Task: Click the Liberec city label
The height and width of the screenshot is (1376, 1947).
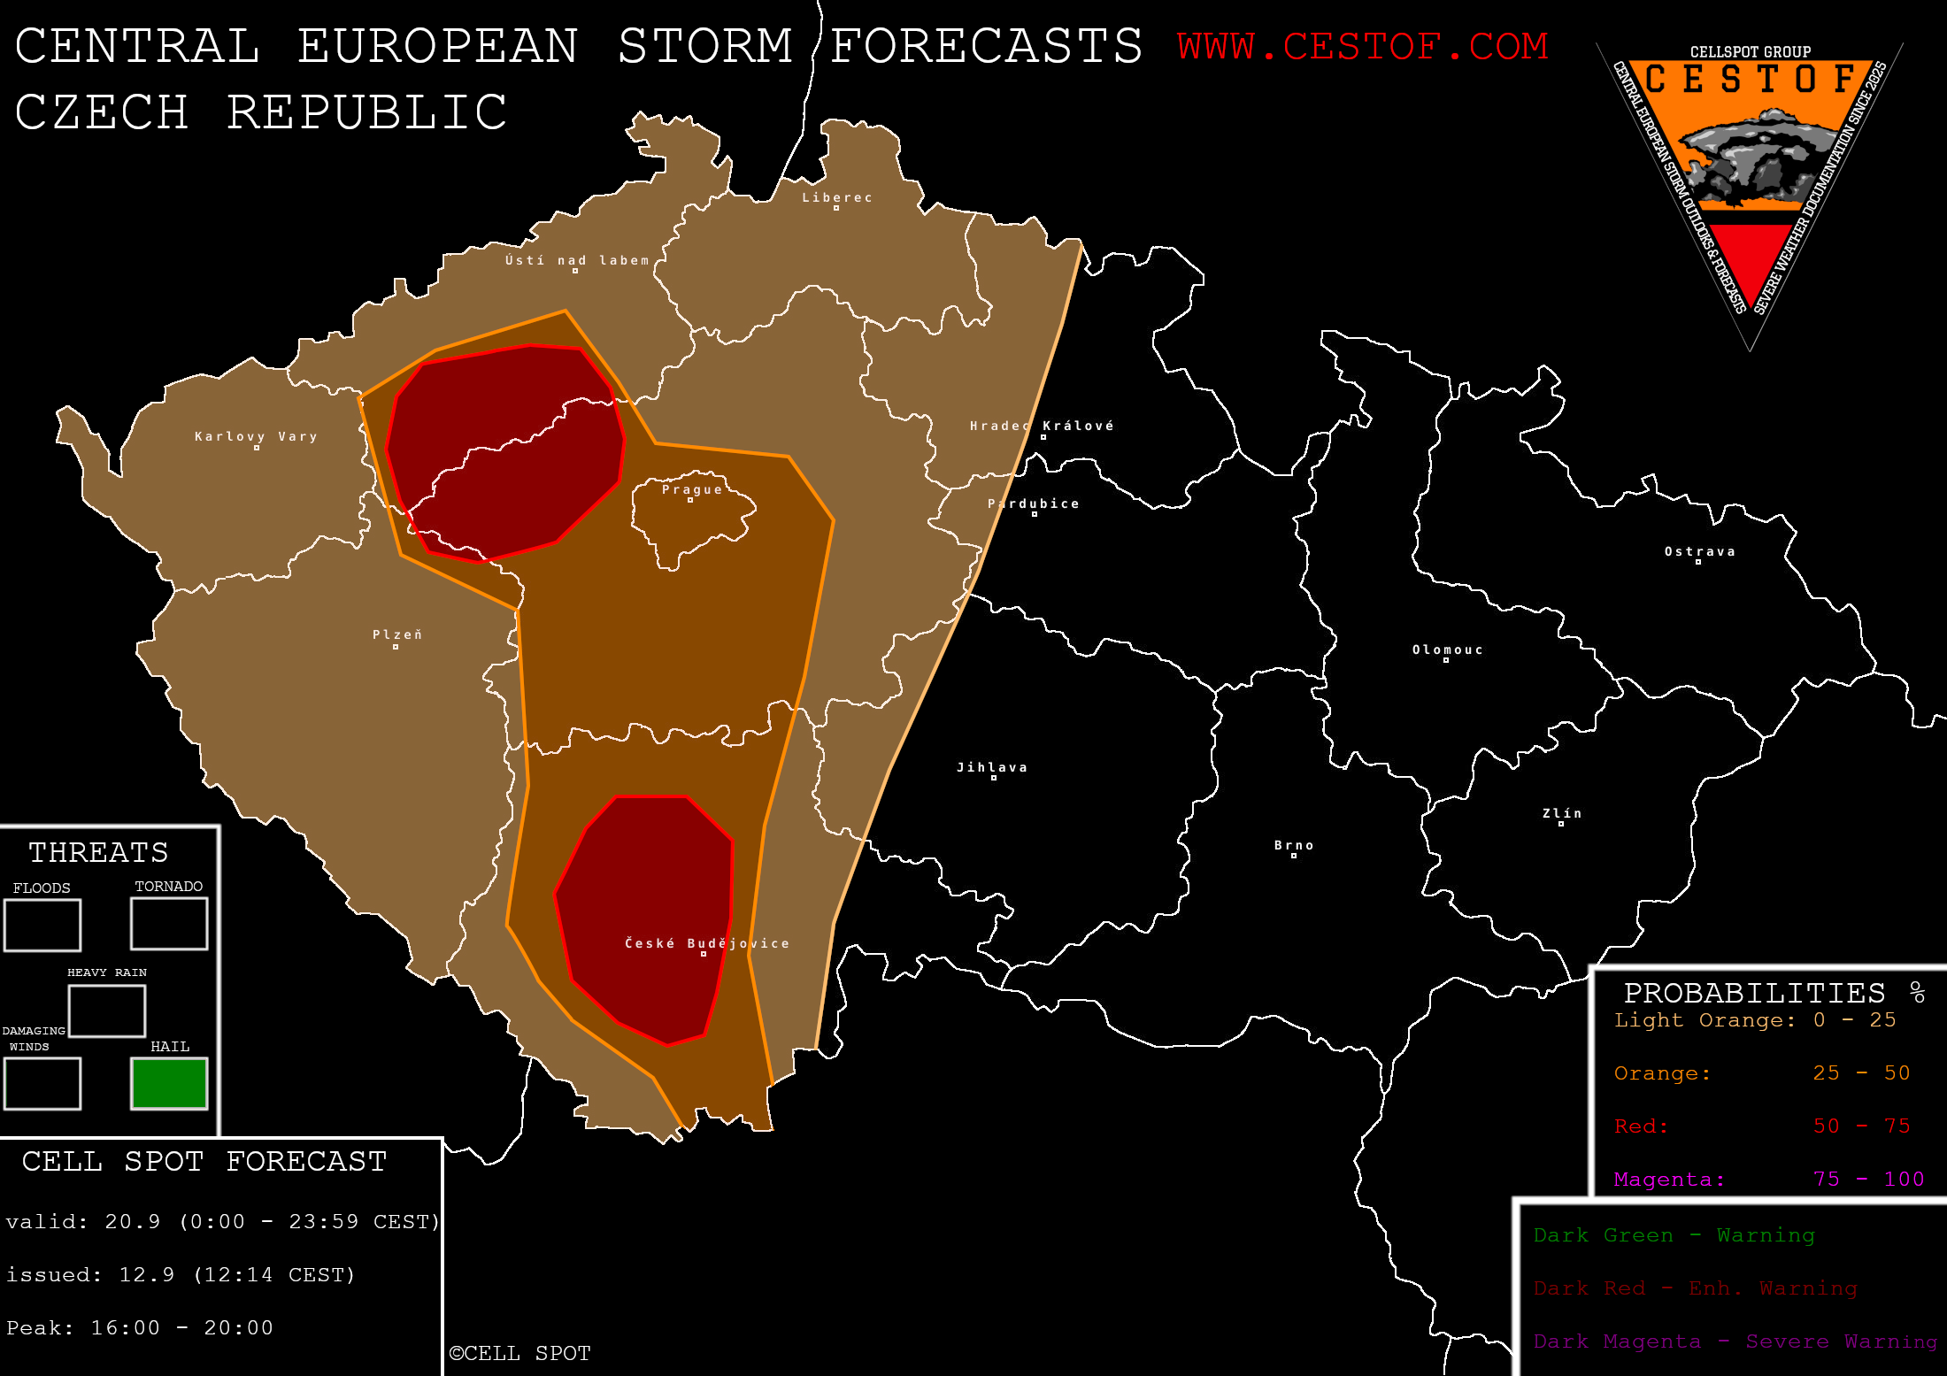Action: [837, 197]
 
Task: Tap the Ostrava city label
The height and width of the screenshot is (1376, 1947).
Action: [1699, 551]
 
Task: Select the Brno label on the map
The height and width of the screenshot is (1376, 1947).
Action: [1294, 845]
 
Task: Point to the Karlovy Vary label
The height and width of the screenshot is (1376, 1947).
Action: [256, 436]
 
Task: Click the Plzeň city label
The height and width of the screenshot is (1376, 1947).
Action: [396, 634]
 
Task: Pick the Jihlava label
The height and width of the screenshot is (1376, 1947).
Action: [992, 767]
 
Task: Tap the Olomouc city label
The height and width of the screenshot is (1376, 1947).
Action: [1447, 650]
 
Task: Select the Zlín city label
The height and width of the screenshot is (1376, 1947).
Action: [1562, 813]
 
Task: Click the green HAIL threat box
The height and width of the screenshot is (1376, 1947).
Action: [169, 1083]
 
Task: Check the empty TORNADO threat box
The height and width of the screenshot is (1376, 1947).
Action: [169, 924]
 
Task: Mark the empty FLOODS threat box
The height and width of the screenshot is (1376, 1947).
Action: [42, 926]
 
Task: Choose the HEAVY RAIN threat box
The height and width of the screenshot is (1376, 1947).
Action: [107, 1011]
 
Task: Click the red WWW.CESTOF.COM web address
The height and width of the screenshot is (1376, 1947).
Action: [1362, 46]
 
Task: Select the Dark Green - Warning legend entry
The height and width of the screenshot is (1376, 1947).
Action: [1674, 1235]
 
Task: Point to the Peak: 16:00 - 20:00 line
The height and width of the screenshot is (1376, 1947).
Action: [140, 1327]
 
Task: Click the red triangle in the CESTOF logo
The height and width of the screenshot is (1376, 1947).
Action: [1751, 257]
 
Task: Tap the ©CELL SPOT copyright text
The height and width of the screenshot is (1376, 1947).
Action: [519, 1353]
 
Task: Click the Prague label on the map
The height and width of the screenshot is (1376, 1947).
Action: [692, 489]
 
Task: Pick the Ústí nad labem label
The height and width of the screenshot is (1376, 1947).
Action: [577, 260]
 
